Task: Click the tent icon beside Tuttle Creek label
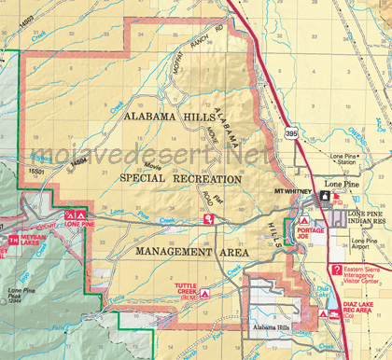203,294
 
